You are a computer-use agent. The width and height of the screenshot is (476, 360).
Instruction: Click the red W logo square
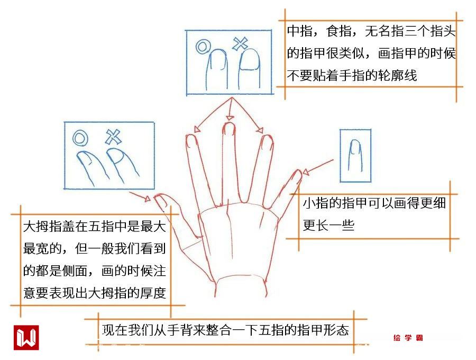click(26, 338)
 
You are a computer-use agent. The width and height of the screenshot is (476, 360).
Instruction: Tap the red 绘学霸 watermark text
click(408, 338)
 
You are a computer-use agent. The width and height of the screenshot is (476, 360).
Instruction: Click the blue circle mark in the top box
click(203, 47)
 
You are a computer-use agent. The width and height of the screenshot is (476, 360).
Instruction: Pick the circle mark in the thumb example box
click(80, 138)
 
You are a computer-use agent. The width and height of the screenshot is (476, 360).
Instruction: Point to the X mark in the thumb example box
click(113, 137)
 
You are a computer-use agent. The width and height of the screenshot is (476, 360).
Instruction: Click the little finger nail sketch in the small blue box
click(355, 155)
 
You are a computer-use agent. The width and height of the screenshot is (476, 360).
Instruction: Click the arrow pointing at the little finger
click(317, 167)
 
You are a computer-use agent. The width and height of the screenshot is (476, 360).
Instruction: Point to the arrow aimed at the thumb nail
click(140, 196)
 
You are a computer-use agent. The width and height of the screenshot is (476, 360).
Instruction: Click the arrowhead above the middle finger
click(230, 118)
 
